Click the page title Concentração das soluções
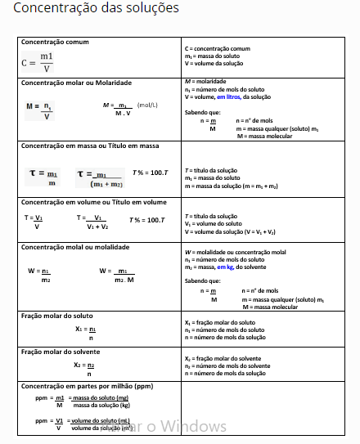[x=97, y=10]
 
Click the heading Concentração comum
[x=55, y=42]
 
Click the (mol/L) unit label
[x=148, y=105]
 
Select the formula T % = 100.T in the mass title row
[x=150, y=173]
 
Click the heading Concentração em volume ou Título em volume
[x=93, y=202]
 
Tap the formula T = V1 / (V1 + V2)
[x=93, y=222]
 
